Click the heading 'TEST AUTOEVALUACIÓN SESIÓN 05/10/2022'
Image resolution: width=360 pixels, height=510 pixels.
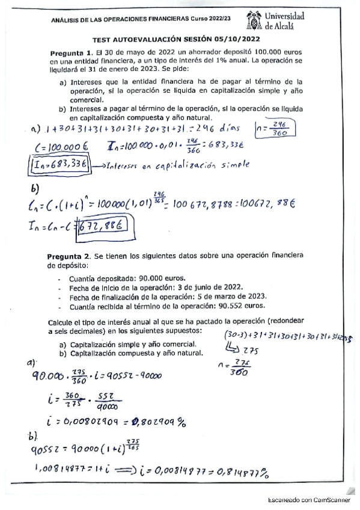point(180,37)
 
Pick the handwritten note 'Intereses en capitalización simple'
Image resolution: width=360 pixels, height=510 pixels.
point(170,165)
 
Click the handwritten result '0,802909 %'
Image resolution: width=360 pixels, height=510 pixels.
point(154,420)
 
